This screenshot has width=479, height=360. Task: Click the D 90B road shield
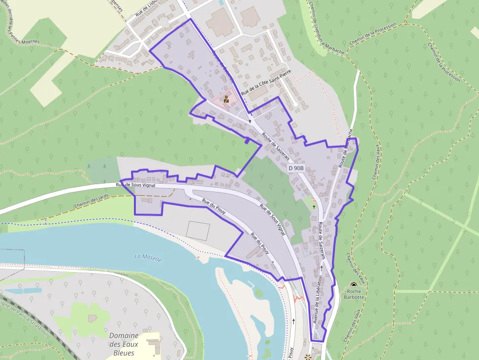[296, 168]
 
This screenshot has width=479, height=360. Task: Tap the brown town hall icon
[226, 99]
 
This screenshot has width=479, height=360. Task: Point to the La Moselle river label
[148, 258]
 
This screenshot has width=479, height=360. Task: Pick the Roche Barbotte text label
[354, 294]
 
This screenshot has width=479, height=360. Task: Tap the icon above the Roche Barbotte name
[354, 285]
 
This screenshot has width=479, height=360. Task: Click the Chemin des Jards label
[91, 201]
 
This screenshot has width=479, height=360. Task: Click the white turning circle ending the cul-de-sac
[296, 105]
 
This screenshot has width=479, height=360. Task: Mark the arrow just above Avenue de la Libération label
[321, 268]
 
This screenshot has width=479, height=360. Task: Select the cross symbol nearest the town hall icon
[250, 121]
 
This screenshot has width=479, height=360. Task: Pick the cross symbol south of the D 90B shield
[314, 207]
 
